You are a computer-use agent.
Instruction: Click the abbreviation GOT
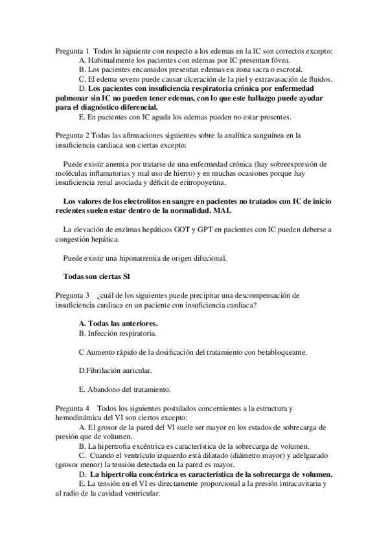[175, 230]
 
